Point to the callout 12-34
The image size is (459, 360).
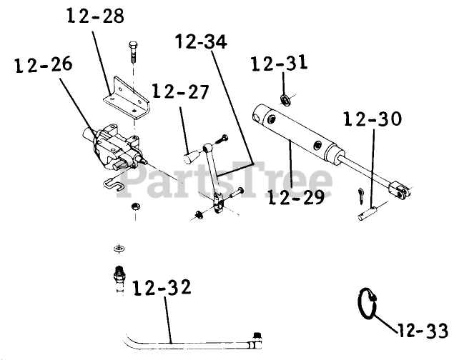pyautogui.click(x=201, y=42)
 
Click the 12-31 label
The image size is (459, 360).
pyautogui.click(x=279, y=65)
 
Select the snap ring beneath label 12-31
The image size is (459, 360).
pyautogui.click(x=285, y=98)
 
